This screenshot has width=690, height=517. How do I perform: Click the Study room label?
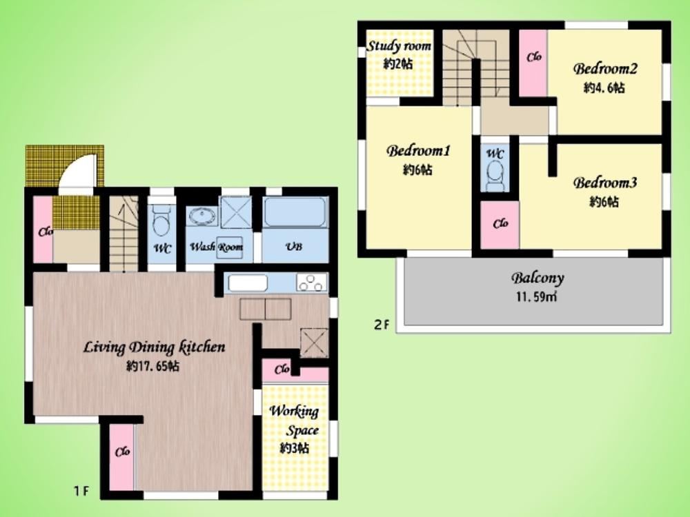[x=399, y=45]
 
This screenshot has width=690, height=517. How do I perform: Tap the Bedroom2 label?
[x=605, y=68]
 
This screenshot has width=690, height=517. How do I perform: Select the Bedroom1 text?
[x=419, y=151]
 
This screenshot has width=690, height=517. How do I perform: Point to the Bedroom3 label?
[x=605, y=183]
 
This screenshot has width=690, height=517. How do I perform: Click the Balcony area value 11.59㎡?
[x=536, y=297]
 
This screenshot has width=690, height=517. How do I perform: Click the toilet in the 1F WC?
[x=161, y=220]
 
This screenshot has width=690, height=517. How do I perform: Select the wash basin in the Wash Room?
[x=202, y=216]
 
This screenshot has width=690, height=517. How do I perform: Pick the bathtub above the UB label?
[x=295, y=212]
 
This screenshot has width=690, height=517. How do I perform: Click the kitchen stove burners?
[x=312, y=282]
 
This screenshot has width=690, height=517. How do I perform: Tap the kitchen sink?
[x=248, y=283]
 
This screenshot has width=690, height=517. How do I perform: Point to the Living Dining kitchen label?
[x=155, y=347]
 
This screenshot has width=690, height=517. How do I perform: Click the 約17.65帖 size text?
[x=152, y=366]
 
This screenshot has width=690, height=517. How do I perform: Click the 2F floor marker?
[x=382, y=325]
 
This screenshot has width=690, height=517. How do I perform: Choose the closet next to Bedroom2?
[x=533, y=63]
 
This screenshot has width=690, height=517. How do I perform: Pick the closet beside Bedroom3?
[x=500, y=225]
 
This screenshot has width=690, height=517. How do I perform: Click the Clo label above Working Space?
[x=282, y=369]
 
